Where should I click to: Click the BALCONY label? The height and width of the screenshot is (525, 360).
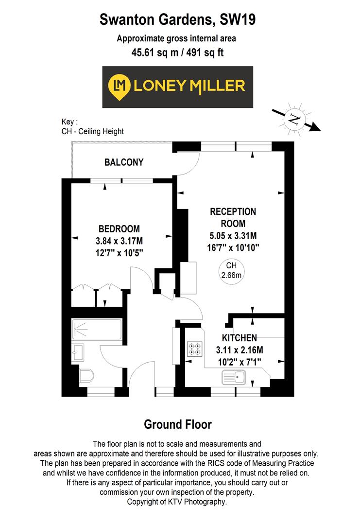click(124, 162)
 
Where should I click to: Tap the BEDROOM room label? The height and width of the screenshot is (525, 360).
click(119, 228)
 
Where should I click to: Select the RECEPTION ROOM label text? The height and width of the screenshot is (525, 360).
click(233, 218)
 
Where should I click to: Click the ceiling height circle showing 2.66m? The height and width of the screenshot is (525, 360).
click(232, 270)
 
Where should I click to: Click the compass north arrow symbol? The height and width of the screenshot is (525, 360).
click(295, 119)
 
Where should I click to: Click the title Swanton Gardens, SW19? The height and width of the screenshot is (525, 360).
click(178, 20)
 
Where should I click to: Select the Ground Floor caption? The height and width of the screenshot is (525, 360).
click(178, 424)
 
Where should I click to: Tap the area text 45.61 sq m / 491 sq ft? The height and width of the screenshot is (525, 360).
click(178, 52)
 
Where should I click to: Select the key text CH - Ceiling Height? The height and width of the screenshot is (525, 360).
click(92, 131)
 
